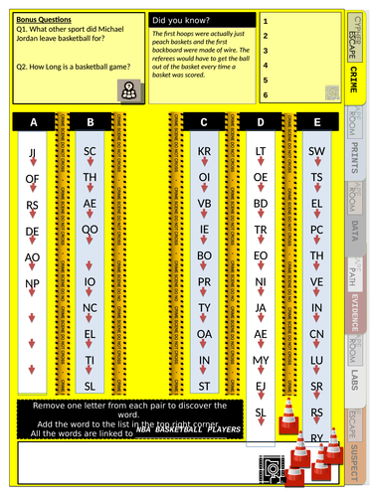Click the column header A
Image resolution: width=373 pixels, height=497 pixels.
click(33, 122)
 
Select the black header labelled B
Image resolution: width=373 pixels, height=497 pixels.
click(90, 122)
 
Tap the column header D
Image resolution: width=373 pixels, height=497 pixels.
click(261, 122)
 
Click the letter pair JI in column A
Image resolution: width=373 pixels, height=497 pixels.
click(33, 152)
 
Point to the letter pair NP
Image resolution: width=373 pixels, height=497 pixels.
click(33, 283)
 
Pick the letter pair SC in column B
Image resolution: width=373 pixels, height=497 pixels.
click(90, 152)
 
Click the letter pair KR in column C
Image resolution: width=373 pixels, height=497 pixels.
click(205, 152)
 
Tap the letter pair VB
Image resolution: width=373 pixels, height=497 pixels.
click(205, 204)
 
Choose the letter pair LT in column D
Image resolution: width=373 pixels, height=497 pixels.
click(261, 152)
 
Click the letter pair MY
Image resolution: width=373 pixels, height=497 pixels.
click(261, 360)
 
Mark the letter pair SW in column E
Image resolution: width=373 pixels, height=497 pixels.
click(317, 152)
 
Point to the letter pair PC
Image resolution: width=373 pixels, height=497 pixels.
click(317, 230)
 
